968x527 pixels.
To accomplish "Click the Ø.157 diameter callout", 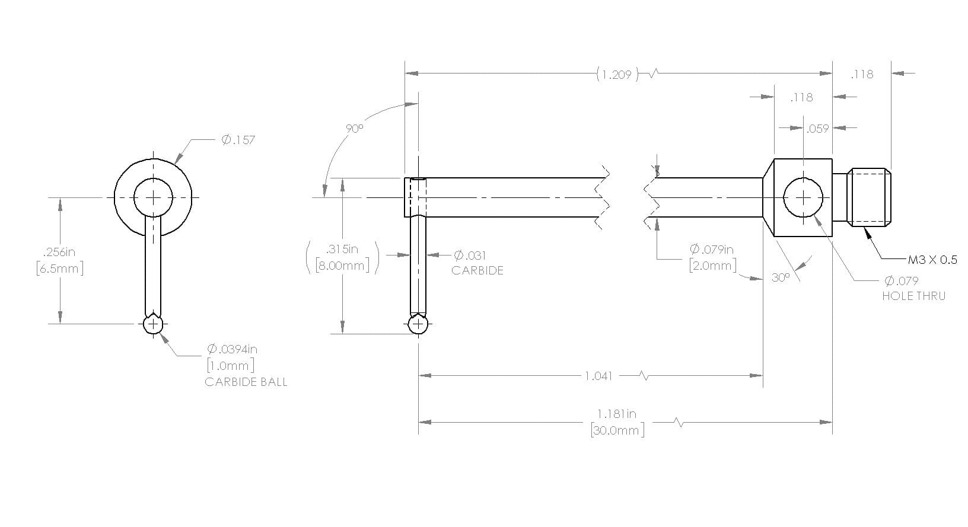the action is click(x=238, y=140).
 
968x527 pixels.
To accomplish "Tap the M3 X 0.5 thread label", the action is click(x=932, y=260).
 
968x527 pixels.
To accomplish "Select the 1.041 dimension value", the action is click(x=598, y=376).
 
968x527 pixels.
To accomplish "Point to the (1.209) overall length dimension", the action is click(x=617, y=74).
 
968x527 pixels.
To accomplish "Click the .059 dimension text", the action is click(x=817, y=129).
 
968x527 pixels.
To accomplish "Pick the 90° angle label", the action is click(x=354, y=129).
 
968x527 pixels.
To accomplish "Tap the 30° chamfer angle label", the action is click(x=781, y=278).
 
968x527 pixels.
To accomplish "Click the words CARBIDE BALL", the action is click(x=246, y=382).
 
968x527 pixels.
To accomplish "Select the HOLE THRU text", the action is click(x=913, y=296).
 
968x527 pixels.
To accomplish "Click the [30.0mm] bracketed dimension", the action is click(x=617, y=430).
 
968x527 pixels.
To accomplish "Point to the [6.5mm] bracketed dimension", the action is click(x=60, y=269).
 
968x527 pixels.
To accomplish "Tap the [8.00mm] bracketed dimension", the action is click(x=342, y=265).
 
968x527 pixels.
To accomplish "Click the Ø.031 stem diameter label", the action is click(x=470, y=255).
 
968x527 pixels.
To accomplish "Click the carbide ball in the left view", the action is click(x=153, y=324).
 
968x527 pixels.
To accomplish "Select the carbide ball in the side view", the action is click(x=418, y=324).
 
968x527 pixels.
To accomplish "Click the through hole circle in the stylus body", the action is click(x=803, y=198).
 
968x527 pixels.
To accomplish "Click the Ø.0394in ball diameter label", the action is click(x=232, y=349).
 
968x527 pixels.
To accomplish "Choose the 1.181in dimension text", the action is click(x=617, y=414).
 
